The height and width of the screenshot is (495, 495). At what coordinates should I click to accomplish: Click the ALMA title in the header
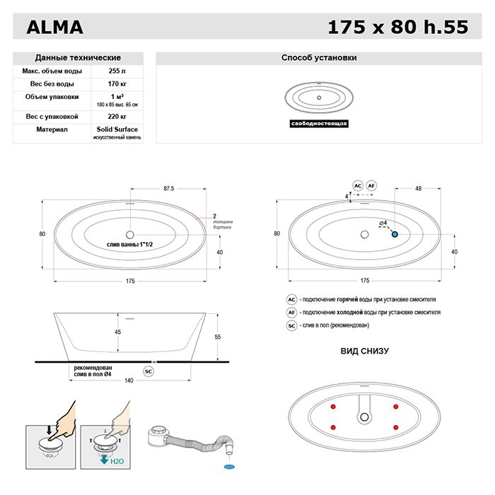coord(54,28)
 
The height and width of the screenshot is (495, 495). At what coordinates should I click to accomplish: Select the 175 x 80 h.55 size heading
coord(398,28)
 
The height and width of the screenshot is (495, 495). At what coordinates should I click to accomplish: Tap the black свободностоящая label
coord(318,123)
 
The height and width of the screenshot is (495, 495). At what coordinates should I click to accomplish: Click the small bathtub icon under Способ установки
coord(318,97)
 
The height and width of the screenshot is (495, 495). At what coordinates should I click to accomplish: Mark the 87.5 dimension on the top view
coord(168,189)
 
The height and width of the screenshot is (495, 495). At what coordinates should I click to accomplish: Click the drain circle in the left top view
coord(130,234)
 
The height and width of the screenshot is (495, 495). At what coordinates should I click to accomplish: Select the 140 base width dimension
coord(129,380)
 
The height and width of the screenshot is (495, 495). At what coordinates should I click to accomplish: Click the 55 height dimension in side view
coord(218,337)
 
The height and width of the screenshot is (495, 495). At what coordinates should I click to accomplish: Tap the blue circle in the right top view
coord(395,233)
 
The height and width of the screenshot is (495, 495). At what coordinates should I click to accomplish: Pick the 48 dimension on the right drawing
coord(419,189)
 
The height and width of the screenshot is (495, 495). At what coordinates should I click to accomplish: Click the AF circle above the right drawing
coord(371,185)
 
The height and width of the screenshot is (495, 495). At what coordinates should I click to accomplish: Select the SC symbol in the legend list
coord(291,325)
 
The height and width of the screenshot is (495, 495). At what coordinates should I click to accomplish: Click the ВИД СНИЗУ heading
coord(365,351)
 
